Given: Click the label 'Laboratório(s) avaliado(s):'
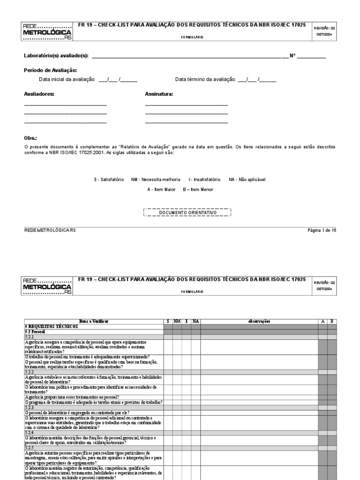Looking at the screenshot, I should point(56,56).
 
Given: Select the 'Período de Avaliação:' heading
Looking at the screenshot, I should point(47,70).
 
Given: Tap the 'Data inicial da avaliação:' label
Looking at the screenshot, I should point(67,79).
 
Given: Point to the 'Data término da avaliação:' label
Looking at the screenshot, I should point(205,79).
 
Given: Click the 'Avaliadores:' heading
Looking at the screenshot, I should point(39,94).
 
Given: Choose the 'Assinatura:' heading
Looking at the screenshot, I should point(159,94).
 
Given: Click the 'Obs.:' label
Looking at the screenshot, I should point(30,139).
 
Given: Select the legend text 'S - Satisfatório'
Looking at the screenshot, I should point(109,180).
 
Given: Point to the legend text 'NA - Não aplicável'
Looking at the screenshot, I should point(247,180).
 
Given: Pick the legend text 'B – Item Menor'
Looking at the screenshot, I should point(198,189).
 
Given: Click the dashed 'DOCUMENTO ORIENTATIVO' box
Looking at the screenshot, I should point(187,212).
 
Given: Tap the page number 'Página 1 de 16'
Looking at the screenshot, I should point(322,230).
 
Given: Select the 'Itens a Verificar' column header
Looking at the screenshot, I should point(93,321).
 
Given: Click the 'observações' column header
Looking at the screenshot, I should point(259,321).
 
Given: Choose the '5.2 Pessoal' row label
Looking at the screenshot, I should point(35,331).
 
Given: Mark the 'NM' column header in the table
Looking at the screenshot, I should point(177,321).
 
